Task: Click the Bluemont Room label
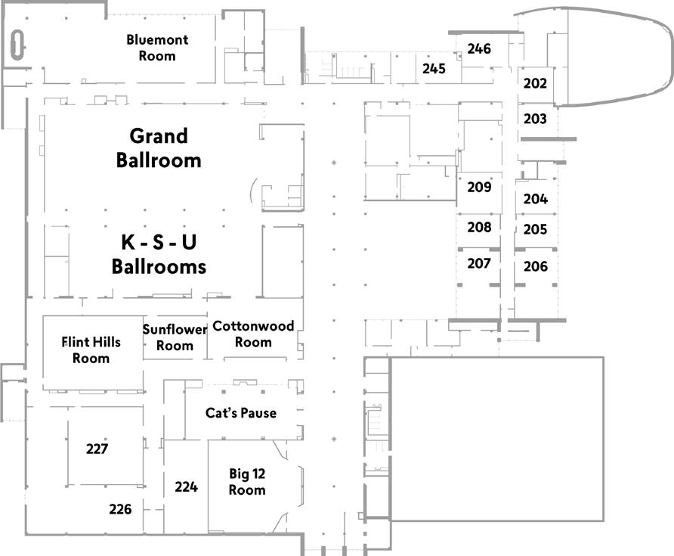click(157, 48)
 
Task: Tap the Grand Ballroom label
click(159, 148)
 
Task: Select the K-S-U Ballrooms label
click(159, 254)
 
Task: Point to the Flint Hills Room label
click(91, 350)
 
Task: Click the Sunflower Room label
click(175, 337)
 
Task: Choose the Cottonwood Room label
click(253, 334)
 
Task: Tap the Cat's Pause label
click(241, 413)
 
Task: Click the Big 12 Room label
click(247, 482)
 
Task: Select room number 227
click(97, 449)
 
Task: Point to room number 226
click(120, 509)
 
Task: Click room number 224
click(186, 486)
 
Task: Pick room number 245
click(434, 68)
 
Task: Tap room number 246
click(479, 48)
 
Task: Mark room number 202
click(535, 83)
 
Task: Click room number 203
click(535, 118)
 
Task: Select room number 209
click(479, 187)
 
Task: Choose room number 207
click(479, 263)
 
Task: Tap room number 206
click(536, 266)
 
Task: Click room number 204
click(536, 198)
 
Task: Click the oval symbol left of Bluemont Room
click(17, 45)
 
